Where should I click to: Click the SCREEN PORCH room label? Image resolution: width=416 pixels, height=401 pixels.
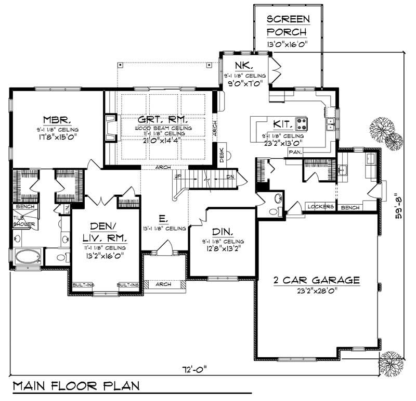tap(288, 26)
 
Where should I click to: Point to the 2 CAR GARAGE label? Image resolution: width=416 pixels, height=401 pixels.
tap(317, 281)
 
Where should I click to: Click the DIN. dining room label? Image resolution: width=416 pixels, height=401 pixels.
tap(222, 231)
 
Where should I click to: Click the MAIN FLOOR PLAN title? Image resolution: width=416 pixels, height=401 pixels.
tap(76, 387)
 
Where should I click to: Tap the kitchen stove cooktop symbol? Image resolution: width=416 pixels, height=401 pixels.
tap(302, 124)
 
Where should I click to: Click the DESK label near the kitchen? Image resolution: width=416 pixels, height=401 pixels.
tap(222, 155)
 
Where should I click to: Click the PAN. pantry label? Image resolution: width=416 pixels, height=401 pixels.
tap(295, 153)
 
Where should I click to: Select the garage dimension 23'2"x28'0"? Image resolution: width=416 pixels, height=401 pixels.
tap(317, 292)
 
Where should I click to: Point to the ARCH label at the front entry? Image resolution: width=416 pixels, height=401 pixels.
tap(164, 285)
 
